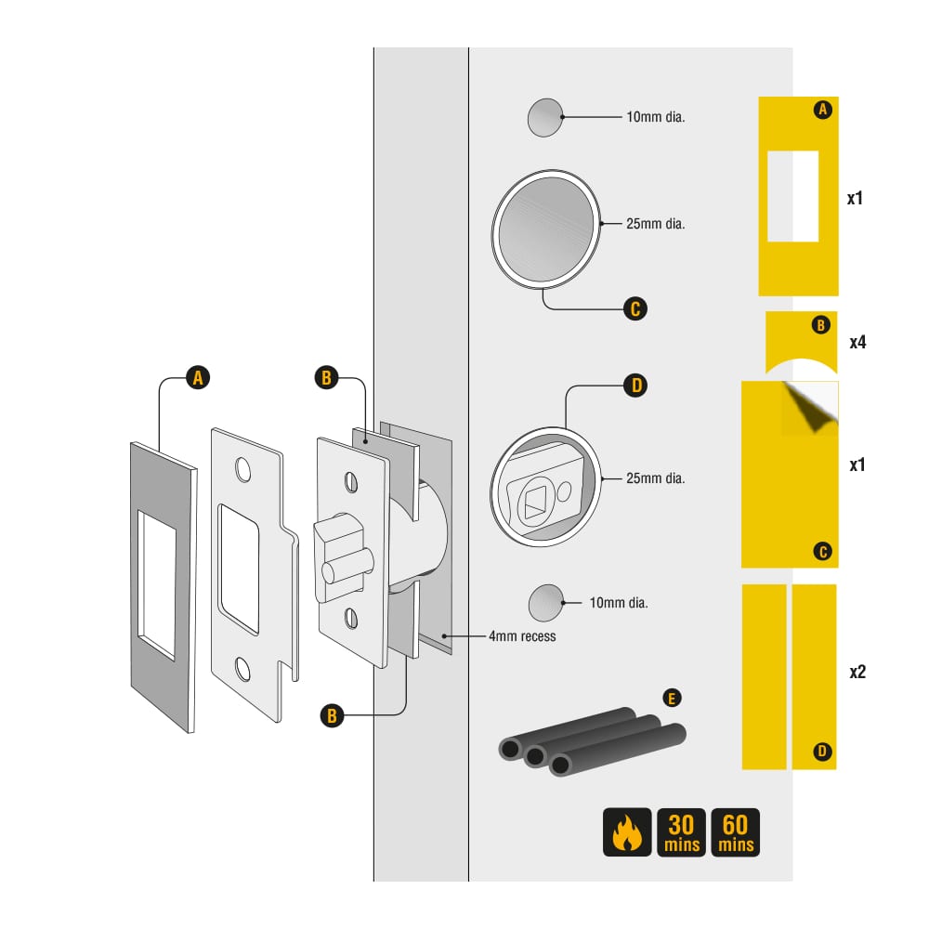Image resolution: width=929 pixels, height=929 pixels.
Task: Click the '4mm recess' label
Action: (522, 636)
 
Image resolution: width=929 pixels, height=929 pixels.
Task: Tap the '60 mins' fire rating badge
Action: (735, 832)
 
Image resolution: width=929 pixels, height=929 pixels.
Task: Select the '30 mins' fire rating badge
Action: (681, 832)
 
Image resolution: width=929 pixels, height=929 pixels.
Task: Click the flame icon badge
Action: (627, 832)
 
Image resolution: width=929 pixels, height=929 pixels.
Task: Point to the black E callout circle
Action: (672, 698)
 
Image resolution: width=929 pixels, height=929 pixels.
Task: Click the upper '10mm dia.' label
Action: (655, 117)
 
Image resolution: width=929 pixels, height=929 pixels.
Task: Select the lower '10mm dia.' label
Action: (619, 603)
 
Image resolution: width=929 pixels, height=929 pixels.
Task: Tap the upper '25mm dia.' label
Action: (655, 223)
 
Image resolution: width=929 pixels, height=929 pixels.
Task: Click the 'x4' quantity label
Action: (857, 342)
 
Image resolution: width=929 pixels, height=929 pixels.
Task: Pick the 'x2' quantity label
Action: (857, 672)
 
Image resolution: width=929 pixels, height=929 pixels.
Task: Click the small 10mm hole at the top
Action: (545, 117)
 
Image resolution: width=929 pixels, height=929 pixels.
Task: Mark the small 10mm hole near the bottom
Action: (545, 603)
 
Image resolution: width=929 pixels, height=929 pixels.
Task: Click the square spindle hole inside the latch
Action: (535, 503)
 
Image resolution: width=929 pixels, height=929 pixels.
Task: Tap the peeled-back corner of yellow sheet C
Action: (810, 409)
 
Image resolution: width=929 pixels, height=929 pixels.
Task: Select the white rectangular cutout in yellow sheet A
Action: (792, 196)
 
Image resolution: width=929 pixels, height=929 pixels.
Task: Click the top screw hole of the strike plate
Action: (242, 469)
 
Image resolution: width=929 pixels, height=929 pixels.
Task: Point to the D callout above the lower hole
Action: (635, 386)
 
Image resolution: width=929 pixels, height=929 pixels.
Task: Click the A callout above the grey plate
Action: (198, 377)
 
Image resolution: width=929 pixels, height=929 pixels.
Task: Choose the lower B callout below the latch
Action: (332, 715)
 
